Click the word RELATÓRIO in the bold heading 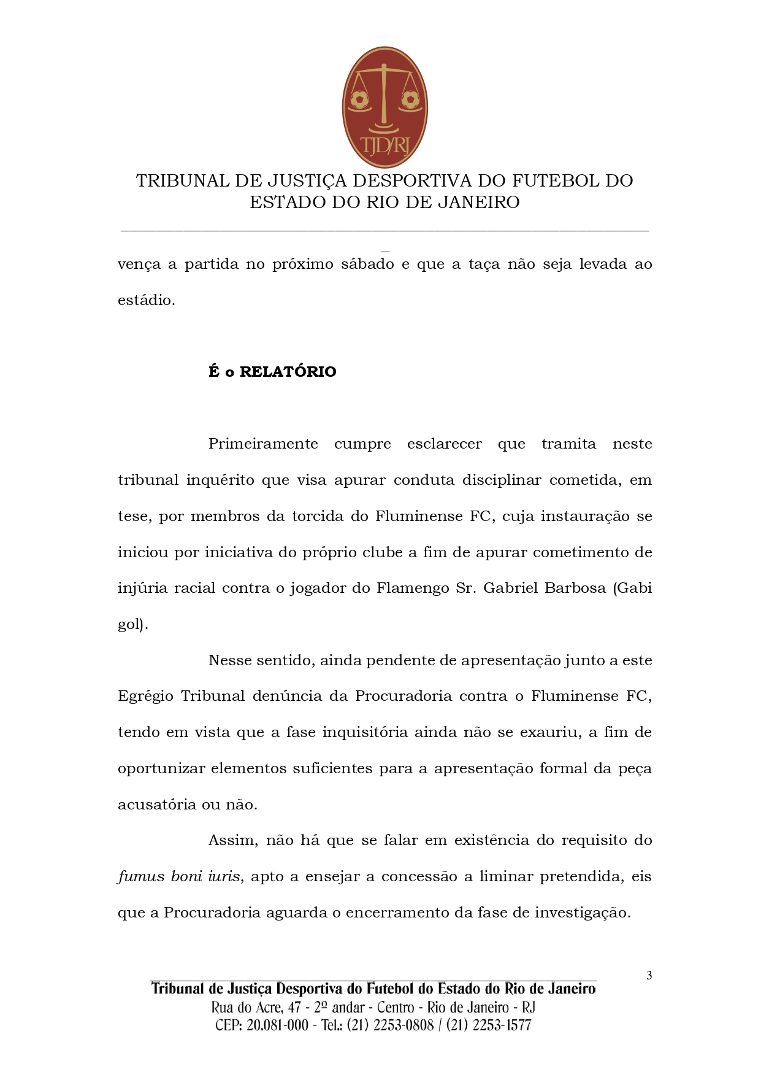(x=288, y=372)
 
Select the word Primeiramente (x=263, y=444)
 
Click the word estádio (x=146, y=301)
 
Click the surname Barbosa (x=575, y=589)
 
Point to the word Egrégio (x=145, y=697)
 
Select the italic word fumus (x=141, y=877)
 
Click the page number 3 (x=649, y=976)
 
